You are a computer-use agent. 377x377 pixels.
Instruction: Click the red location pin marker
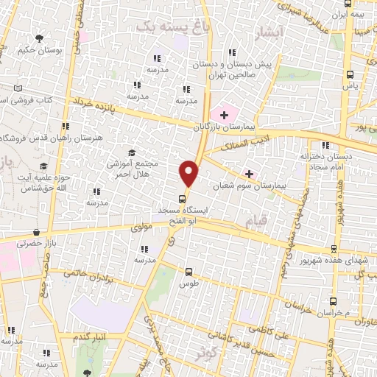(189, 172)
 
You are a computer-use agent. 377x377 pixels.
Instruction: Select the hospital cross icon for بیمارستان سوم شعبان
(250, 174)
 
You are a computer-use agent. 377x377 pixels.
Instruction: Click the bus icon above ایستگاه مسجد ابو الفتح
(182, 199)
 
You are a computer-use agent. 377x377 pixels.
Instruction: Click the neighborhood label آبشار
(267, 32)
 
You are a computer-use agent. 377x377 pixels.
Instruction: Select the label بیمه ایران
(349, 14)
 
